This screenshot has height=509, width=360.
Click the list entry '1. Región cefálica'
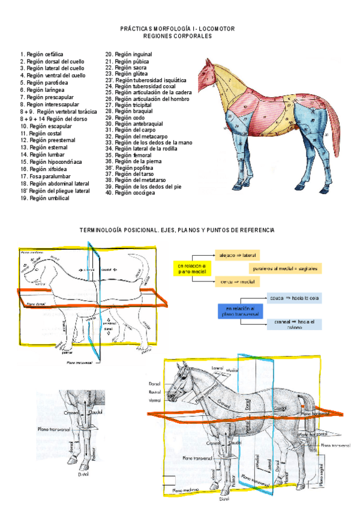41,54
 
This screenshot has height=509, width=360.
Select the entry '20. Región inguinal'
128,55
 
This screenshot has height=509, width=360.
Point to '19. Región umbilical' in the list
45,198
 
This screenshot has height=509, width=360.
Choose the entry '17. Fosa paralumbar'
44,176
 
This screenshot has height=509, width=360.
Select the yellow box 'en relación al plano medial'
191,268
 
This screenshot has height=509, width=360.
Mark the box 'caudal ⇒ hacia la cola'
293,298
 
